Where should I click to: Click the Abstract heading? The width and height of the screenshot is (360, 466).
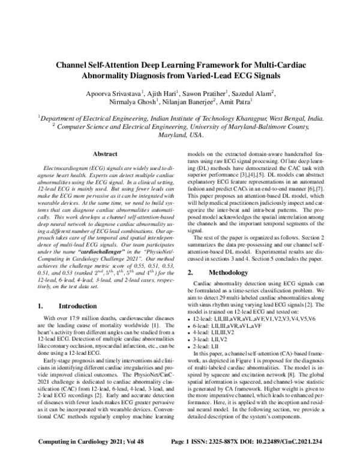(x=105, y=154)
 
